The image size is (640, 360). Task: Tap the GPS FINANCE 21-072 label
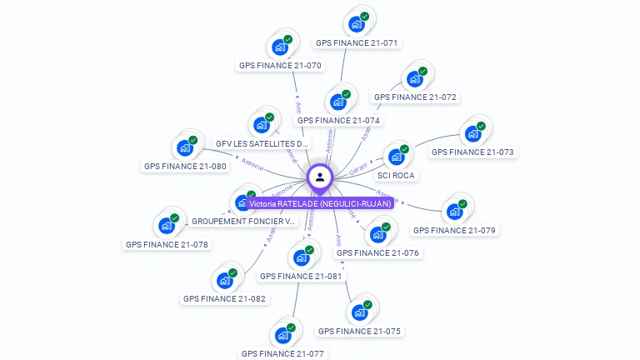pyautogui.click(x=415, y=97)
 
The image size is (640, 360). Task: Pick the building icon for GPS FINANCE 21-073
pyautogui.click(x=472, y=134)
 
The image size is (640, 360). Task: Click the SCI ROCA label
pyautogui.click(x=396, y=176)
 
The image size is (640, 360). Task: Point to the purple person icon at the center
pyautogui.click(x=320, y=177)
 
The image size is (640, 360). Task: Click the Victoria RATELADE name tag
pyautogui.click(x=320, y=203)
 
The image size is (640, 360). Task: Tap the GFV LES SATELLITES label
pyautogui.click(x=262, y=144)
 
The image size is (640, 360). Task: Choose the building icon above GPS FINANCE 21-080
pyautogui.click(x=184, y=148)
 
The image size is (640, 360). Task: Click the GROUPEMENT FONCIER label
pyautogui.click(x=243, y=222)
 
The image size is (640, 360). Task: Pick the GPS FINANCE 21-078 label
pyautogui.click(x=167, y=245)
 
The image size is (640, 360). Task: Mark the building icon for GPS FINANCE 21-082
pyautogui.click(x=224, y=281)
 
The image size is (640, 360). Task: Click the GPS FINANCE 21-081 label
pyautogui.click(x=301, y=276)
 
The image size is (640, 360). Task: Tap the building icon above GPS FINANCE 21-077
pyautogui.click(x=282, y=336)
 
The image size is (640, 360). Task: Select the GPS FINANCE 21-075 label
pyautogui.click(x=359, y=332)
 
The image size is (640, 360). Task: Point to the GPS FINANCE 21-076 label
pyautogui.click(x=377, y=253)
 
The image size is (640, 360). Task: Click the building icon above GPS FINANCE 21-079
pyautogui.click(x=454, y=212)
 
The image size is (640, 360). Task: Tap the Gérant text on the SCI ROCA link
pyautogui.click(x=358, y=169)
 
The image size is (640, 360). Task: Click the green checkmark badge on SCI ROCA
pyautogui.click(x=404, y=150)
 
